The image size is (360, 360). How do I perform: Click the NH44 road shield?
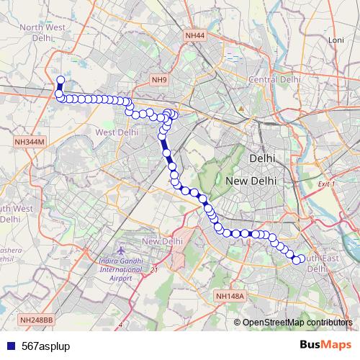tap(195, 35)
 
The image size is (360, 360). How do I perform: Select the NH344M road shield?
tap(30, 143)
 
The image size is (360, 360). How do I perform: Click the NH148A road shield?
tap(230, 296)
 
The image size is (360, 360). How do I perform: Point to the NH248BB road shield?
tap(37, 320)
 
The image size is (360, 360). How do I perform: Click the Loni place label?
tap(336, 40)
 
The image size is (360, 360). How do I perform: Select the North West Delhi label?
tap(42, 32)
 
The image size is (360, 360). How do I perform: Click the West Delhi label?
tap(116, 132)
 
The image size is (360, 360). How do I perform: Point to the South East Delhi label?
tap(320, 263)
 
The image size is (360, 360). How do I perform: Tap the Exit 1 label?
tap(328, 184)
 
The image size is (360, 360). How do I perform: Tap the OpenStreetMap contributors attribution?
tap(297, 323)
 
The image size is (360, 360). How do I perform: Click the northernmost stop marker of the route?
tap(60, 81)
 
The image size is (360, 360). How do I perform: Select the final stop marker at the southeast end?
tap(296, 260)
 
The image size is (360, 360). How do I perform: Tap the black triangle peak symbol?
tap(242, 109)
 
